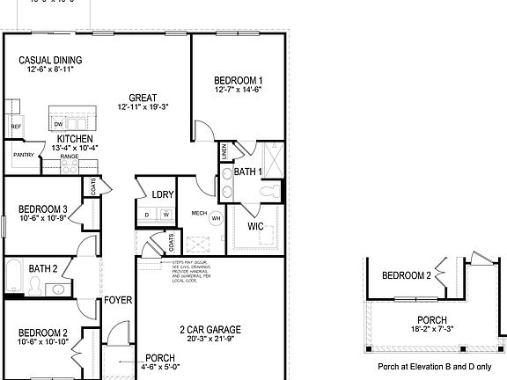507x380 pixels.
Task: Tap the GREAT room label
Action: point(143,98)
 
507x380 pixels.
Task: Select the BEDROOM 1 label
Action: point(238,80)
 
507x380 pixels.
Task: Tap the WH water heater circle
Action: point(215,218)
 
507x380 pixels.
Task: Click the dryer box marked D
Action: point(147,214)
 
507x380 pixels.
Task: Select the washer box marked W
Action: point(164,214)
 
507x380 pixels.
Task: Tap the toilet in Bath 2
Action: point(36,284)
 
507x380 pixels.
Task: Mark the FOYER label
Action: point(118,300)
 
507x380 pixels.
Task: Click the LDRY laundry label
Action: point(162,194)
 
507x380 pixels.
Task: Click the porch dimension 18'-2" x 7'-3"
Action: point(431,330)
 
